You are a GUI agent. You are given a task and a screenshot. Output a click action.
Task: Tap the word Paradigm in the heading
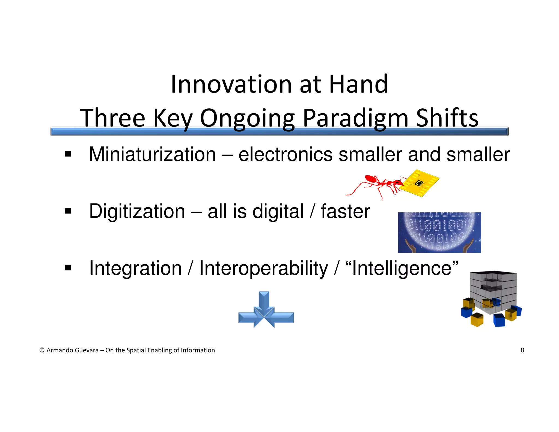(355, 118)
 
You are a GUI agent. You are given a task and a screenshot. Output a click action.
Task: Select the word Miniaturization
(152, 155)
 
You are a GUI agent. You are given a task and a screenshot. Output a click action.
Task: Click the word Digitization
(137, 211)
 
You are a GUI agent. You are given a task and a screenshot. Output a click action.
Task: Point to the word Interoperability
(263, 268)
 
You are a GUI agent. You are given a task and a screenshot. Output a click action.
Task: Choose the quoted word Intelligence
(402, 268)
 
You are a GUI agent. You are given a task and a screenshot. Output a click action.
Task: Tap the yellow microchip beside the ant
(419, 183)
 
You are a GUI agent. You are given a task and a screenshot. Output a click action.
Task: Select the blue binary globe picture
(439, 232)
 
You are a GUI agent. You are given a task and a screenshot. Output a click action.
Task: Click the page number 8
(522, 350)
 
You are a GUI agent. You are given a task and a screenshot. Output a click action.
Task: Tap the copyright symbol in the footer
(42, 350)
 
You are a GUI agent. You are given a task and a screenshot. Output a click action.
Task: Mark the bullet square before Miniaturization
(68, 154)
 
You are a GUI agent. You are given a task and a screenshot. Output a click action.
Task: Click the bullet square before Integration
(68, 268)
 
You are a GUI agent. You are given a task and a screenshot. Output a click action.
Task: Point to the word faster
(345, 211)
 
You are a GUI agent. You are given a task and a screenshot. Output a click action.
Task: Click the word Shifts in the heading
(447, 118)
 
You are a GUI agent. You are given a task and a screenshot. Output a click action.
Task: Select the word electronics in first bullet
(285, 155)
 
